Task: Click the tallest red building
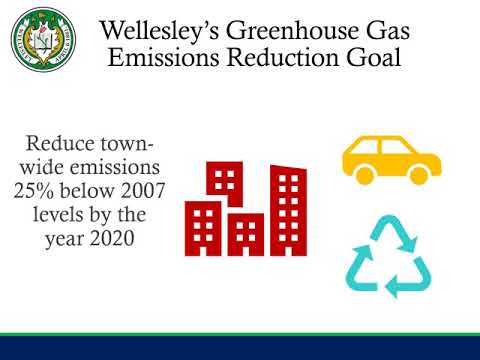(x=289, y=213)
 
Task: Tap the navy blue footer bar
(x=240, y=348)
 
